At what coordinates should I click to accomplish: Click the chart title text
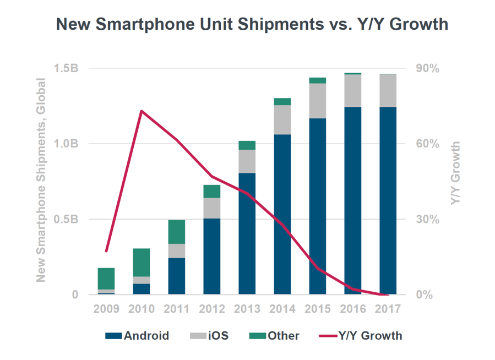click(x=252, y=25)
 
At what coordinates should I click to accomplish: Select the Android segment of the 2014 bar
click(x=282, y=215)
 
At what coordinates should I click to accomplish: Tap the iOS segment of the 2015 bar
click(x=317, y=101)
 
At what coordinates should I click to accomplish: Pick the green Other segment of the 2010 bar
click(x=142, y=263)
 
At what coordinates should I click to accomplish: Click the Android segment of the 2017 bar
click(x=388, y=201)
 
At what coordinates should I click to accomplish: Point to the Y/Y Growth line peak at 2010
click(x=142, y=111)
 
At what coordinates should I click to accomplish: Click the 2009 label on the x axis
click(x=106, y=308)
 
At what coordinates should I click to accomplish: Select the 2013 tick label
click(x=247, y=308)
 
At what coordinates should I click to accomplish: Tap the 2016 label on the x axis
click(x=353, y=308)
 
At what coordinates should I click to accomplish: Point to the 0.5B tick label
click(x=69, y=220)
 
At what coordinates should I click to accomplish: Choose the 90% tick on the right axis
click(x=427, y=69)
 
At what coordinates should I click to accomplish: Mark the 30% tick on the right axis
click(x=427, y=220)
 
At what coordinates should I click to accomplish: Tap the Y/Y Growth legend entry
click(x=360, y=336)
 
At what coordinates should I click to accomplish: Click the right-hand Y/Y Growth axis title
click(x=455, y=174)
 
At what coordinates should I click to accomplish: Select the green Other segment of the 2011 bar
click(x=177, y=232)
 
